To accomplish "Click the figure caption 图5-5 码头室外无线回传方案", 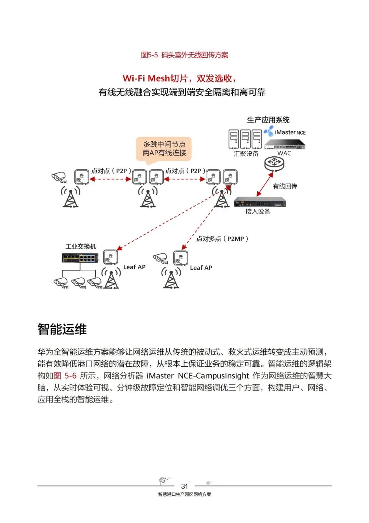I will coord(184,55).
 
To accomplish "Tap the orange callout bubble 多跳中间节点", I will coord(164,149).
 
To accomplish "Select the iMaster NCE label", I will coord(290,132).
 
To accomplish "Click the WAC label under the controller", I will coord(284,153).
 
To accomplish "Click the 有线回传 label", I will coord(285,186).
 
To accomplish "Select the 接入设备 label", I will coord(258,212).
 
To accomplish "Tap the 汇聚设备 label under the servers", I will coord(246,154).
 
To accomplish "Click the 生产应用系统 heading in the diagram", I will coord(268,120).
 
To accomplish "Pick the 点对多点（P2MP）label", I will coord(222,239).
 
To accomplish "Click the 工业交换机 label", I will coord(81,246).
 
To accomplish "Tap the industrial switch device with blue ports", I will coord(80,258).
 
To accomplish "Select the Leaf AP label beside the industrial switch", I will coord(134,267).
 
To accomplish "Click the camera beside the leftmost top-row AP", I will coord(59,177).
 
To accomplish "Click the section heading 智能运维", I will coord(62,329).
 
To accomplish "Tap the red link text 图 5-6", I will coord(65,376).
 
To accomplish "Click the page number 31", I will coord(184,486).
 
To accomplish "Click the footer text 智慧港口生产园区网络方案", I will coord(184,494).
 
